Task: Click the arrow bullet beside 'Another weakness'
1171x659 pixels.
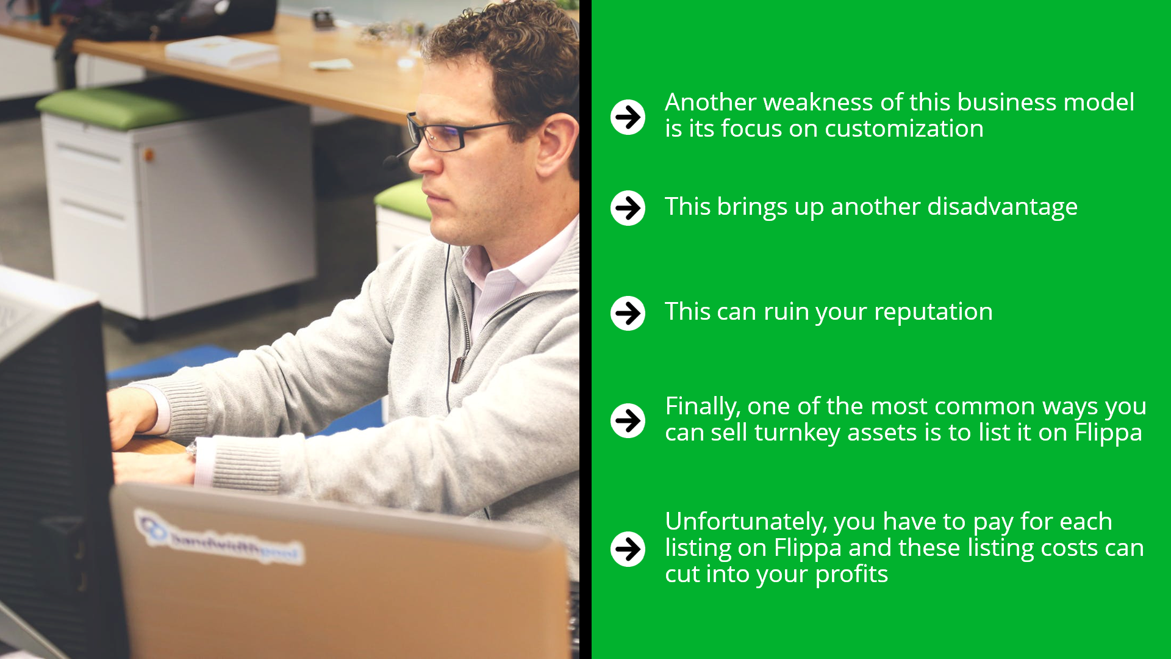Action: pos(628,117)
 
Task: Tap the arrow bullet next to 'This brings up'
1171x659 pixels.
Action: pos(628,208)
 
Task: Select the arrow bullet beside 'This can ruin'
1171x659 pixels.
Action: pos(628,313)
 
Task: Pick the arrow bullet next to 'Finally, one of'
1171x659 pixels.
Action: pos(628,420)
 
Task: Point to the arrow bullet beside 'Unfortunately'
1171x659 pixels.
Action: pos(628,549)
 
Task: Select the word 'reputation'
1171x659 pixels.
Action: pos(933,312)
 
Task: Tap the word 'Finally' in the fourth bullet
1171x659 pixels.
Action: pos(703,407)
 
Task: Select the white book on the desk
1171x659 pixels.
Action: pos(222,51)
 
